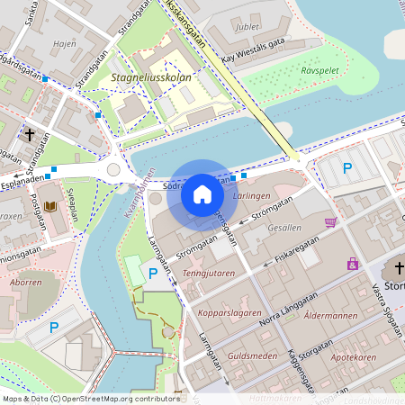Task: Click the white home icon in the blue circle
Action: coord(202,193)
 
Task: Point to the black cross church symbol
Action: coord(30,135)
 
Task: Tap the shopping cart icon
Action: coord(331,222)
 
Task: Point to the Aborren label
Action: coord(24,282)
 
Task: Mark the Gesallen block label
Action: coord(285,228)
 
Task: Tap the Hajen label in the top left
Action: coord(64,42)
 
